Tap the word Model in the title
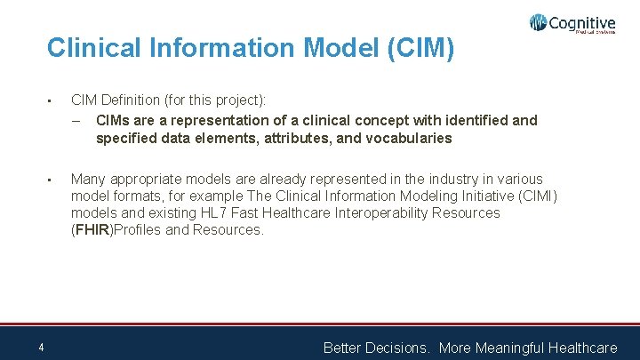(x=329, y=48)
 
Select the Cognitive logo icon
(x=538, y=23)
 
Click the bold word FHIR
(x=92, y=229)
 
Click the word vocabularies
(x=412, y=138)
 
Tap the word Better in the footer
(x=342, y=348)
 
